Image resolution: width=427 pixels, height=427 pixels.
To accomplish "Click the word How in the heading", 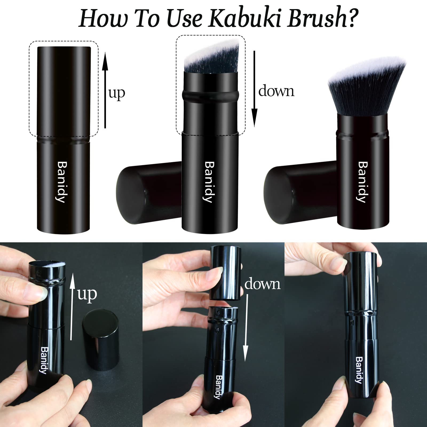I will [103, 18].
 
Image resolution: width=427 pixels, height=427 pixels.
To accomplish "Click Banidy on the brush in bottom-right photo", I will [359, 374].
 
